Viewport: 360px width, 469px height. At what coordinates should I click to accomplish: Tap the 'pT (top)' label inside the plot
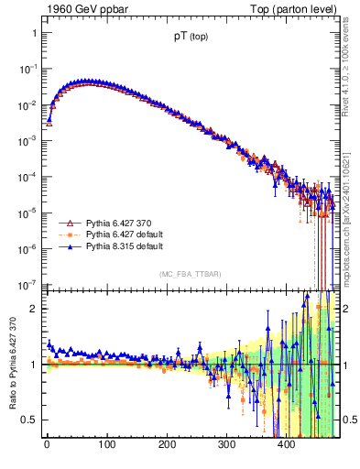click(x=193, y=38)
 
